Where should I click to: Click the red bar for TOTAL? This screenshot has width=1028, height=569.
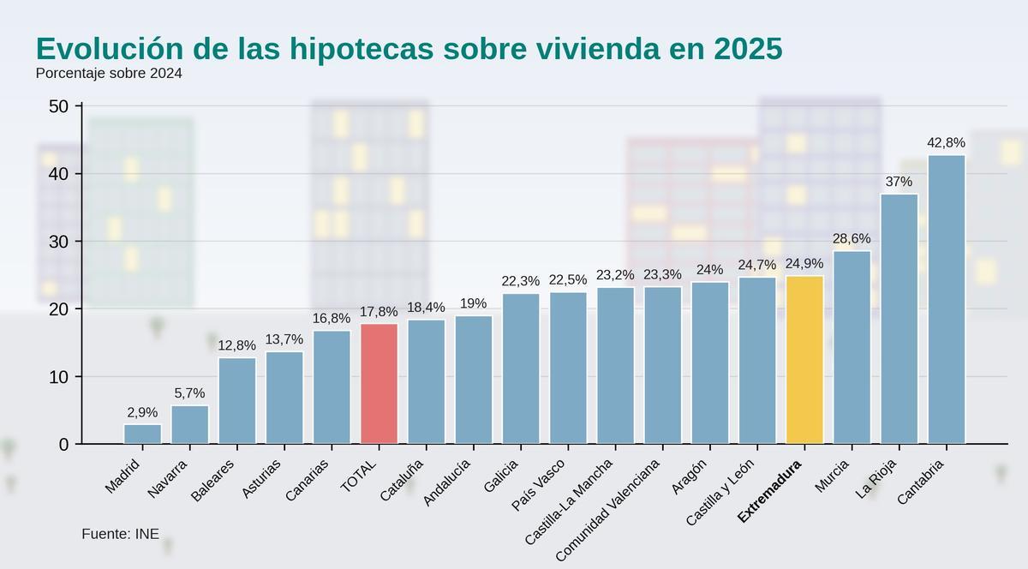379,384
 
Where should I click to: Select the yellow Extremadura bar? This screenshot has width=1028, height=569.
804,360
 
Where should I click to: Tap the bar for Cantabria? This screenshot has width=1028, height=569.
946,300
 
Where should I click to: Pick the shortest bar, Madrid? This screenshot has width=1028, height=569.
142,434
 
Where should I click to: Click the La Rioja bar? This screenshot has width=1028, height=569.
899,319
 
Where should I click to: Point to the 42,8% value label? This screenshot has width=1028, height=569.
946,142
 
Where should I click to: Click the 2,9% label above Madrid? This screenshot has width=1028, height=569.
142,412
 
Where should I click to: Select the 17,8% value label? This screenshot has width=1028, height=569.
379,312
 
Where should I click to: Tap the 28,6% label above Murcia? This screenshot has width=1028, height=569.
852,239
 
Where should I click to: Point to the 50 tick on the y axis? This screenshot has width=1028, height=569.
59,106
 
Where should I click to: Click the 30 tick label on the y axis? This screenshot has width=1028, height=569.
59,242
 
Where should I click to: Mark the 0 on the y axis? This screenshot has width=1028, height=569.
64,445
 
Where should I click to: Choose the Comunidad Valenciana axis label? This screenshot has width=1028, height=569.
607,511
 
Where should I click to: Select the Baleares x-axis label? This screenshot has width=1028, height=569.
212,480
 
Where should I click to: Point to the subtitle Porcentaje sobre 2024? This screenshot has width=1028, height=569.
109,74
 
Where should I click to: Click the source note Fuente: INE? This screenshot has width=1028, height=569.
120,534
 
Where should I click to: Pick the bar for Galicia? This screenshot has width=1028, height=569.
521,368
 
